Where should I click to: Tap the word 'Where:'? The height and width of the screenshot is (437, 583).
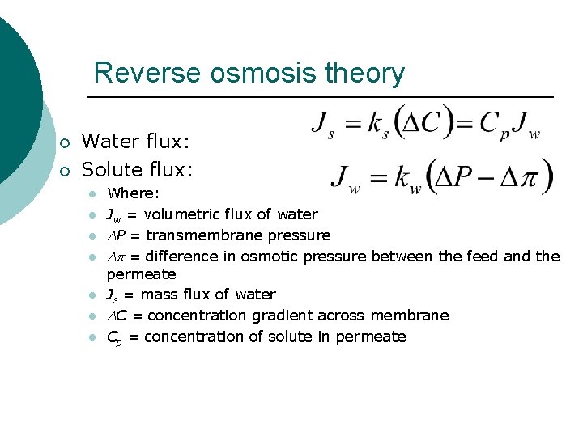(134, 194)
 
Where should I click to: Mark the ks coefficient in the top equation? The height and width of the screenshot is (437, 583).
(377, 125)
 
